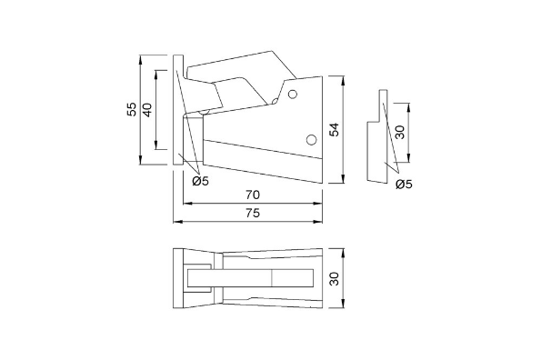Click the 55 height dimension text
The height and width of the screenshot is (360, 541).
[x=132, y=109]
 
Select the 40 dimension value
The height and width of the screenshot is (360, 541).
[x=147, y=109]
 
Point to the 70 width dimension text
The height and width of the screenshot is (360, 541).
[x=253, y=195]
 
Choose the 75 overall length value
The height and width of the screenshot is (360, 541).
[x=253, y=213]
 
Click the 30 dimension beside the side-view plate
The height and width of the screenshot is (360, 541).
[x=399, y=133]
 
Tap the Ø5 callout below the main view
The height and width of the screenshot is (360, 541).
[x=201, y=181]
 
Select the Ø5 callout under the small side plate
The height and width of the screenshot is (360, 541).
[x=405, y=185]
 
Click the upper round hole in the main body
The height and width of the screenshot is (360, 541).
[x=293, y=94]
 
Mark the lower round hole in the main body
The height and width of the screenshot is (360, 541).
[x=311, y=139]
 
